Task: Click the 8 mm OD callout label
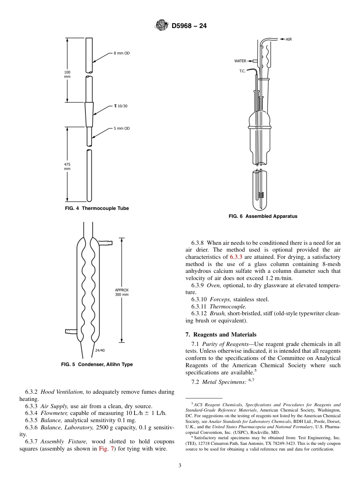[x=122, y=53]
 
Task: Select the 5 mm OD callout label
[x=122, y=128]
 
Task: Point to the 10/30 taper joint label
[x=121, y=106]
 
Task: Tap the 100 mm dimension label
[x=67, y=74]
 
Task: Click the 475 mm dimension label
[x=67, y=166]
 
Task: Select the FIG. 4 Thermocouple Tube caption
[x=97, y=208]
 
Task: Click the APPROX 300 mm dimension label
[x=122, y=292]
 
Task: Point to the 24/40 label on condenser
[x=100, y=350]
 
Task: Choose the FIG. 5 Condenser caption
[x=97, y=365]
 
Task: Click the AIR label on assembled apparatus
[x=289, y=39]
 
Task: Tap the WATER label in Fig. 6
[x=240, y=61]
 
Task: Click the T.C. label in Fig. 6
[x=243, y=71]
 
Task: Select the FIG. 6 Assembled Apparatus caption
[x=263, y=216]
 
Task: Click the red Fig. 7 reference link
[x=105, y=449]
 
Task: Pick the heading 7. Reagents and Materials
[x=221, y=335]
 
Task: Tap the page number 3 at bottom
[x=180, y=466]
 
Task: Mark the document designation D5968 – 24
[x=189, y=26]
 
